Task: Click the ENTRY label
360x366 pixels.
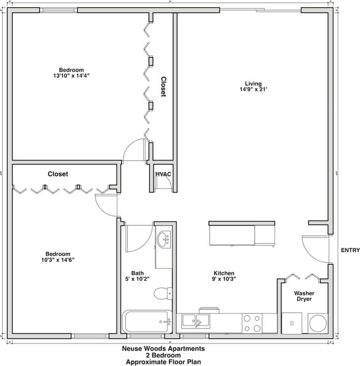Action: tap(350, 250)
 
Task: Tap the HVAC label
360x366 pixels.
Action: tap(163, 174)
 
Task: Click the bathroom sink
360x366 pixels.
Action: tap(164, 240)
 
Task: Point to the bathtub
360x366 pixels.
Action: tap(147, 321)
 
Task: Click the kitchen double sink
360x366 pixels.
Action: tap(195, 321)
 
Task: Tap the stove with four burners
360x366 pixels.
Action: tap(252, 323)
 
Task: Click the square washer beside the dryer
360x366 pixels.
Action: tap(292, 323)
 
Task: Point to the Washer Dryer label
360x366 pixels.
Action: tap(304, 296)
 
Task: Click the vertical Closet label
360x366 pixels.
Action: tap(163, 87)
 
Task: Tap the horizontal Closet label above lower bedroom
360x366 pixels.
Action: tap(58, 174)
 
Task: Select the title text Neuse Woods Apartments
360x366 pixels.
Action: tap(163, 348)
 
